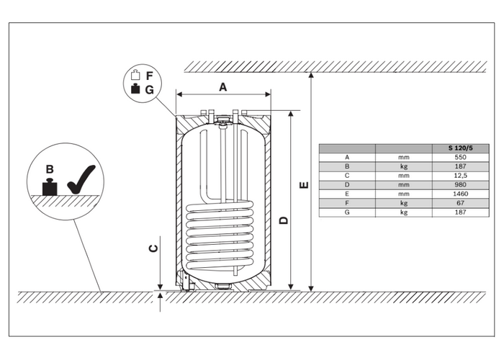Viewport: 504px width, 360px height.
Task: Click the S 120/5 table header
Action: tap(460, 148)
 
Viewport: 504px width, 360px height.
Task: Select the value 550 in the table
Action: tap(460, 158)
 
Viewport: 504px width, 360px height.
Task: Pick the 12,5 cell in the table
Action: tap(460, 176)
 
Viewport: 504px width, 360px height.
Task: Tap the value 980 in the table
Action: tap(460, 185)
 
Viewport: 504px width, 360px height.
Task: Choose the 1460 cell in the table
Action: tap(460, 194)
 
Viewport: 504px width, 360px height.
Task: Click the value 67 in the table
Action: tap(460, 203)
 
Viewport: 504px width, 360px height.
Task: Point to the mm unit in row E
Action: tap(404, 194)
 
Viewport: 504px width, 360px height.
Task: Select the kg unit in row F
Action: tap(404, 203)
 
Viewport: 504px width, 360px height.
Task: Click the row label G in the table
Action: tap(347, 212)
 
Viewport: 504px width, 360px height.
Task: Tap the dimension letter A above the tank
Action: tap(222, 87)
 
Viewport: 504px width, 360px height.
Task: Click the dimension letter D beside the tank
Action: tap(284, 220)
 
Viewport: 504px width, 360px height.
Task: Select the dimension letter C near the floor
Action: tap(154, 248)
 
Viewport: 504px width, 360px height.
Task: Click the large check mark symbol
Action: tap(81, 181)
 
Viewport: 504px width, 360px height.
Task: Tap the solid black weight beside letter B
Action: tap(50, 187)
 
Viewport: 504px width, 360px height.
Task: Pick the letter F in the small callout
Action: tap(150, 76)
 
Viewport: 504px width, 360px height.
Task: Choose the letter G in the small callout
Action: tap(150, 90)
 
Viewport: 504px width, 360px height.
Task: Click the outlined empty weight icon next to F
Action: tap(135, 75)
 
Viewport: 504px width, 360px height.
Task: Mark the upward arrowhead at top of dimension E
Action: tap(311, 76)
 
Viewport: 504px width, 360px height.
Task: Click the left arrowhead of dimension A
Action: tap(180, 94)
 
